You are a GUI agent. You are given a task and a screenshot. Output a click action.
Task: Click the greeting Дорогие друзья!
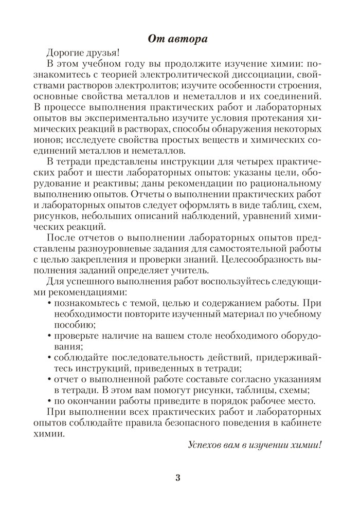82,52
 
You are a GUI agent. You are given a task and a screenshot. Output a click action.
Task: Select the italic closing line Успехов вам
255,444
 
